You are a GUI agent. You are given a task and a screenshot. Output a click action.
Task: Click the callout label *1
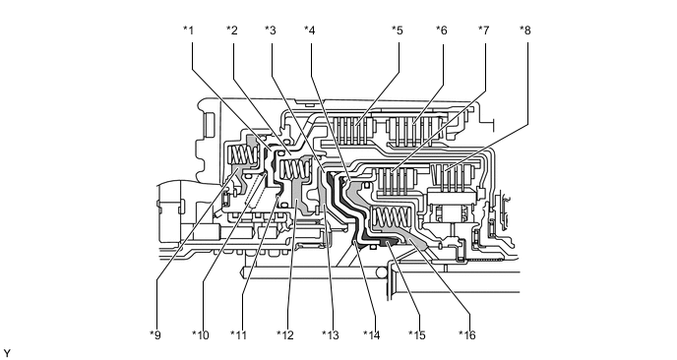click(188, 30)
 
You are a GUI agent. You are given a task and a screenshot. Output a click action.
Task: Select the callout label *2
click(232, 30)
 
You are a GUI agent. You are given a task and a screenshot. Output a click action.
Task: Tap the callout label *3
click(271, 30)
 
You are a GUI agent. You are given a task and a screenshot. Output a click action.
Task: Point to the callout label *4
click(310, 30)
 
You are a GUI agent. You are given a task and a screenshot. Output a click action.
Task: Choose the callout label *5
click(398, 30)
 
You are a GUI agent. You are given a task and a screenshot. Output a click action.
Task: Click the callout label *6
click(441, 30)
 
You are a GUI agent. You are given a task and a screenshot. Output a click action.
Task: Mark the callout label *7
click(483, 30)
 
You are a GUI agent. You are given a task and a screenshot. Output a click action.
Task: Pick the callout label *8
click(525, 30)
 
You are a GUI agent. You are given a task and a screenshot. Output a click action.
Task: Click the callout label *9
click(155, 335)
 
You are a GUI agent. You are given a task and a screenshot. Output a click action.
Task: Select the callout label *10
click(201, 335)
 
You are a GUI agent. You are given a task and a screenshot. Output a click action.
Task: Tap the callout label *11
click(239, 335)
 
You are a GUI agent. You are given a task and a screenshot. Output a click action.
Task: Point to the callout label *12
click(285, 335)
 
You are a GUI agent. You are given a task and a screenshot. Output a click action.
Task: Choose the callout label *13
click(331, 335)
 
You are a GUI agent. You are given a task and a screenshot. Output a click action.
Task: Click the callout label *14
click(372, 335)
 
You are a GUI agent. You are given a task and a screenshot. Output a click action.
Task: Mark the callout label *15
click(417, 335)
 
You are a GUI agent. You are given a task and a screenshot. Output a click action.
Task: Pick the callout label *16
click(467, 335)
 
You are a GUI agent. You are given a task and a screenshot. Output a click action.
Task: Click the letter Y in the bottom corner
click(7, 353)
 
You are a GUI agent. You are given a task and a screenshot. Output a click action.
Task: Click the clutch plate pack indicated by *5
click(352, 130)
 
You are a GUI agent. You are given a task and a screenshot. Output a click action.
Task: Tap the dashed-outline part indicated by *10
click(255, 189)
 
